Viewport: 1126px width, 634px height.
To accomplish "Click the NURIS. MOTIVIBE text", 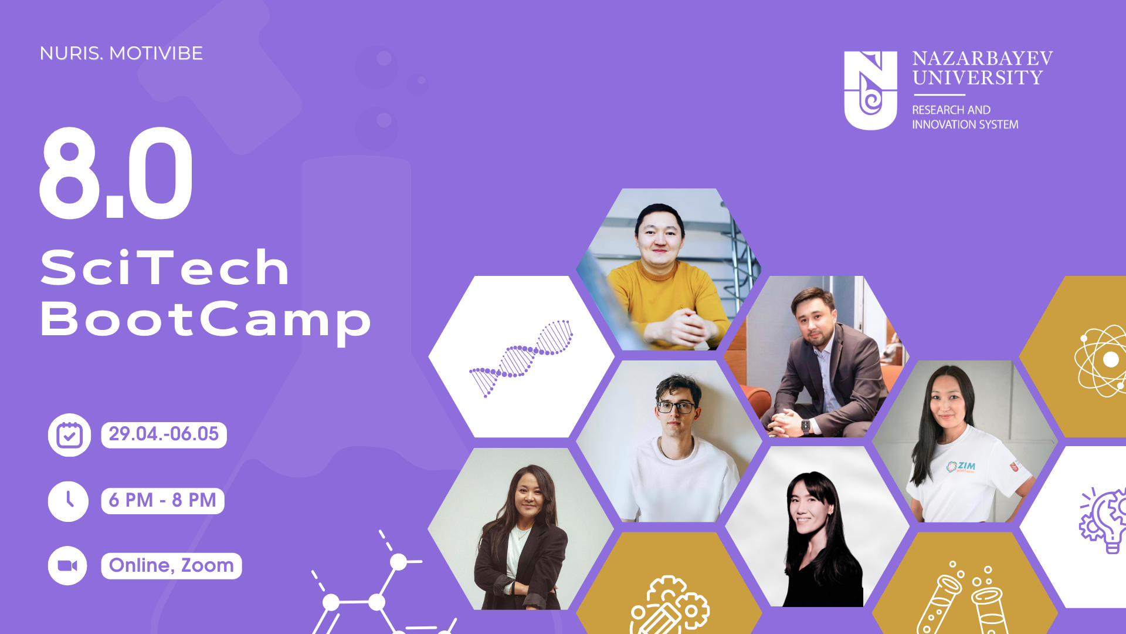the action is click(121, 53).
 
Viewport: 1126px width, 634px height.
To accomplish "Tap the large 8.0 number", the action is click(116, 173).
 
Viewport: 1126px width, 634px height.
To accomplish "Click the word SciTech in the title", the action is click(165, 268).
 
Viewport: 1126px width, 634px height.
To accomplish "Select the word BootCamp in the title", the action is click(205, 320).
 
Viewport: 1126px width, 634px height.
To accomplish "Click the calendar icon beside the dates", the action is click(69, 435).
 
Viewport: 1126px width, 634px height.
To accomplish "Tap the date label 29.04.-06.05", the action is click(164, 434).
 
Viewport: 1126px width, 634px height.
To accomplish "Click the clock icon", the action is click(69, 501).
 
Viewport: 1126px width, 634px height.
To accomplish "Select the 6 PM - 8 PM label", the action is click(162, 501).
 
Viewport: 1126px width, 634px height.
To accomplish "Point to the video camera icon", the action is click(67, 566).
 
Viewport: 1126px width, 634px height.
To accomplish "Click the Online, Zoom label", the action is click(171, 566).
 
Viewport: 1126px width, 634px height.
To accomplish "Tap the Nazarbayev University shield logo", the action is click(870, 90).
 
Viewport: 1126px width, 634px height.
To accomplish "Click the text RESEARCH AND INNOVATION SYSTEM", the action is click(965, 117).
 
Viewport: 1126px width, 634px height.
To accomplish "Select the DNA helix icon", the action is click(521, 358).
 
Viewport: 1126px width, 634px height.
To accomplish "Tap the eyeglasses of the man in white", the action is click(676, 407).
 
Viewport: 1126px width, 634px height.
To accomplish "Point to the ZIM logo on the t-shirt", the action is click(961, 467).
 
